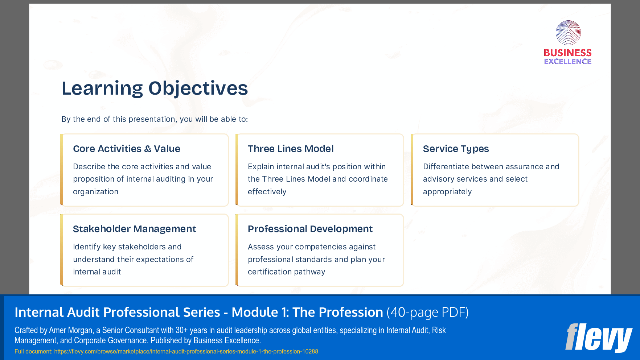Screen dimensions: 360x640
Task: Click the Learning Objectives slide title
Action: pos(155,88)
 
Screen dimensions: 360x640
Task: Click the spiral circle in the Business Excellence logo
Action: pos(568,33)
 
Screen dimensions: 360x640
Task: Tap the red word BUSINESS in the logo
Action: pos(567,53)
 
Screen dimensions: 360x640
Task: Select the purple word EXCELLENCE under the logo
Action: pos(567,62)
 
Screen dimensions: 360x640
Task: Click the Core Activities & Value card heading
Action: pos(126,149)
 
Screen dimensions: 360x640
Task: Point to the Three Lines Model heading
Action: pos(290,149)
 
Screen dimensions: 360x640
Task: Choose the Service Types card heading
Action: pos(456,149)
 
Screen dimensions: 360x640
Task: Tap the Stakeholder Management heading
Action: pos(134,229)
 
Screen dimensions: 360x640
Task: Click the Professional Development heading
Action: pos(310,229)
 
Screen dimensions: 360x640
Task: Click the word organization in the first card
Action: pos(95,192)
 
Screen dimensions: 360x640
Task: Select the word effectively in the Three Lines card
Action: pos(267,192)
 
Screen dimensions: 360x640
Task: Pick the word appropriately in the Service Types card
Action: pos(447,192)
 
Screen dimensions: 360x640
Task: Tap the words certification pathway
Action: pos(286,272)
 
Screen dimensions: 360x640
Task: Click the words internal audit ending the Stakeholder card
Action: pos(97,272)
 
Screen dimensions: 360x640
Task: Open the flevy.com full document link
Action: pos(186,352)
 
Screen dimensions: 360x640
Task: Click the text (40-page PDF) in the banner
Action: pos(427,313)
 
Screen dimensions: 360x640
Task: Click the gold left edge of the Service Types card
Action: pos(412,170)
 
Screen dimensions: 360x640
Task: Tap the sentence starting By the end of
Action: pos(155,119)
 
